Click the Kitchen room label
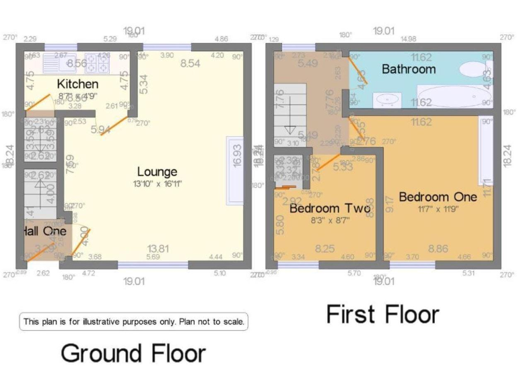pyautogui.click(x=77, y=84)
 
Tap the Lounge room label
pyautogui.click(x=158, y=172)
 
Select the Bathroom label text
pyautogui.click(x=409, y=69)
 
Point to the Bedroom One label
pyautogui.click(x=438, y=197)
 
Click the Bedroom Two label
pyautogui.click(x=330, y=209)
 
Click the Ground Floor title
pyautogui.click(x=133, y=352)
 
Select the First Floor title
pyautogui.click(x=382, y=314)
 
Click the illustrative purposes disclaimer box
pyautogui.click(x=133, y=322)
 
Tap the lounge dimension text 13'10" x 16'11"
pyautogui.click(x=158, y=183)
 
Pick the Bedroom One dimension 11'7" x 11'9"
pyautogui.click(x=438, y=208)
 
